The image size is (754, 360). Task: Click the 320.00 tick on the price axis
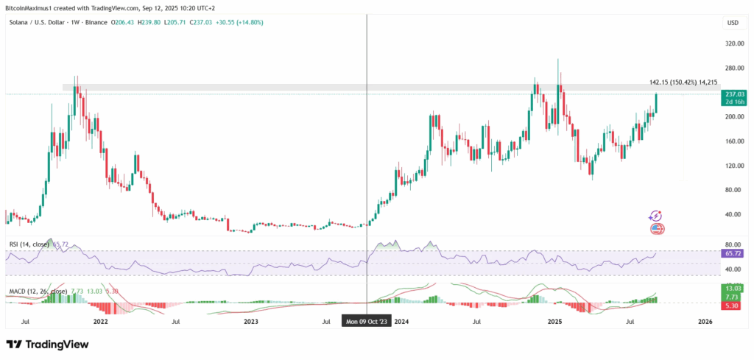pyautogui.click(x=733, y=43)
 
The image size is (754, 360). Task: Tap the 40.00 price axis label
pyautogui.click(x=733, y=215)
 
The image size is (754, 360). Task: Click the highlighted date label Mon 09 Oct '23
pyautogui.click(x=367, y=322)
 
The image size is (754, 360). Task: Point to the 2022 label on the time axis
pyautogui.click(x=101, y=322)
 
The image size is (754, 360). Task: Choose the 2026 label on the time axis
pyautogui.click(x=705, y=322)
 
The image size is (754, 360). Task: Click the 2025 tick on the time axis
pyautogui.click(x=555, y=322)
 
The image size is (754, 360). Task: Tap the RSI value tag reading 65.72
pyautogui.click(x=733, y=253)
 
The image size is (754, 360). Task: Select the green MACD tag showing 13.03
pyautogui.click(x=733, y=288)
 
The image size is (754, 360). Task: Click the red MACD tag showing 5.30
pyautogui.click(x=733, y=305)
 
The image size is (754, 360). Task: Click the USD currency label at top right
pyautogui.click(x=733, y=23)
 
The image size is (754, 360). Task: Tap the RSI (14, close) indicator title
pyautogui.click(x=29, y=244)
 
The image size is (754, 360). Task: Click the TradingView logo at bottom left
pyautogui.click(x=47, y=344)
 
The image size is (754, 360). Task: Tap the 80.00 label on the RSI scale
pyautogui.click(x=733, y=244)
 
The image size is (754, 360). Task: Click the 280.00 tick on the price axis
pyautogui.click(x=733, y=68)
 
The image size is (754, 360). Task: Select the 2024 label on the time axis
pyautogui.click(x=402, y=322)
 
